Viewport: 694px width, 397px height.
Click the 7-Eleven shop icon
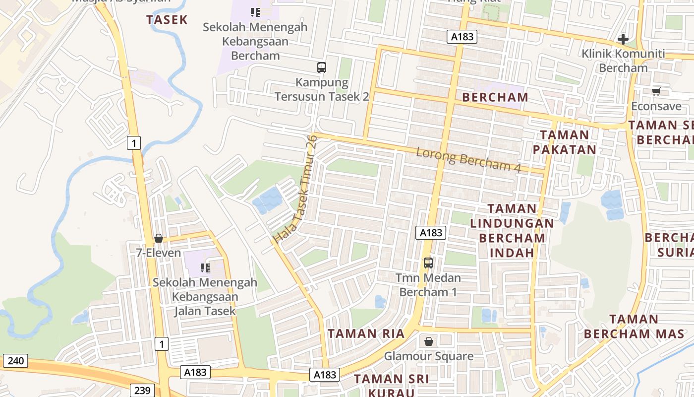(x=159, y=238)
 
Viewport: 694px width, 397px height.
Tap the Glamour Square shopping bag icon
(x=429, y=341)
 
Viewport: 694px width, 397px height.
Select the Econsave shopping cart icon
(x=656, y=91)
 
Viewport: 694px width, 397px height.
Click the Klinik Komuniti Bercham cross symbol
(x=623, y=39)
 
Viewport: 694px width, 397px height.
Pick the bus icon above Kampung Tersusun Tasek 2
(x=322, y=67)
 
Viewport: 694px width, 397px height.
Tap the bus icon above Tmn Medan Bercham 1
(x=428, y=263)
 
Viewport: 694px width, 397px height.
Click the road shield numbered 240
(x=15, y=361)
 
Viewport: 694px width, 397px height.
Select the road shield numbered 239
(x=142, y=390)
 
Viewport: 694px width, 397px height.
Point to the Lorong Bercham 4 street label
(x=468, y=159)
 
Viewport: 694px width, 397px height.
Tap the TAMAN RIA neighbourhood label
(x=366, y=333)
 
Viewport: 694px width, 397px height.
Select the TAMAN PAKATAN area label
(x=564, y=142)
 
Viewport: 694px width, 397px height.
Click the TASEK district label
(x=167, y=20)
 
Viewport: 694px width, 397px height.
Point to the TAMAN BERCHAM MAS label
(x=634, y=326)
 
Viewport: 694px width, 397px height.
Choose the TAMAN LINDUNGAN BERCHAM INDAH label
(x=512, y=230)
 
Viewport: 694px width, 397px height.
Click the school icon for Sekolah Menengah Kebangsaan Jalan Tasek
(x=205, y=268)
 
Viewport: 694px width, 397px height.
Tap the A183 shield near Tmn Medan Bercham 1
(x=431, y=232)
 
